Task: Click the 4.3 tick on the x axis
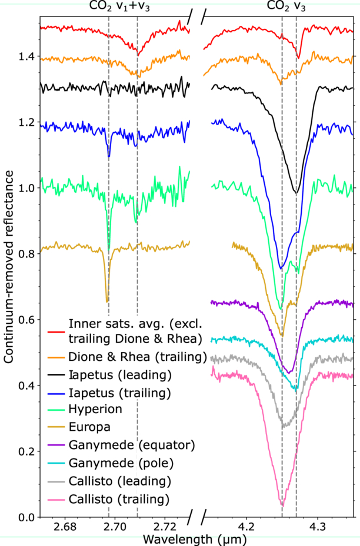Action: tap(317, 526)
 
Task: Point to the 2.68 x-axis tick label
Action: tap(65, 526)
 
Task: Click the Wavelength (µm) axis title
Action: tap(195, 539)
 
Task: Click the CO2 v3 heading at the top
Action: tap(286, 6)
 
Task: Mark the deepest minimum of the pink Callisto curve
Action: tap(282, 506)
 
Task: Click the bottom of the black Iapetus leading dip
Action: tap(296, 193)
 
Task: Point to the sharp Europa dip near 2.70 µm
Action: tap(107, 302)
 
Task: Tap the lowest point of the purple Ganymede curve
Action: tap(289, 373)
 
